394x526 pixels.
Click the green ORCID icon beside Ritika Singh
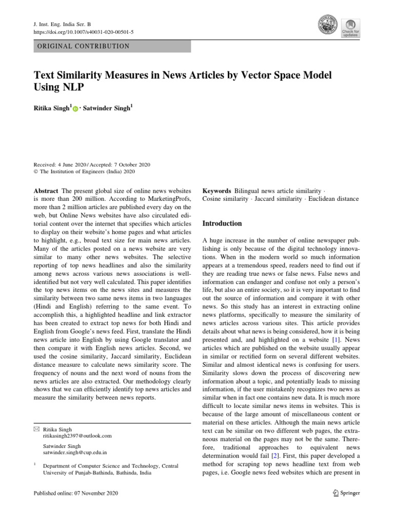tap(75, 109)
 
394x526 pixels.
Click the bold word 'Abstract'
tap(46, 190)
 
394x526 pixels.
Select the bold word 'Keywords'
tap(217, 190)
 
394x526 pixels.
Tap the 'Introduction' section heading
tap(222, 223)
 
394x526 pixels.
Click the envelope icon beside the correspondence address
tap(36, 428)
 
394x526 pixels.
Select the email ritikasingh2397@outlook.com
tap(77, 435)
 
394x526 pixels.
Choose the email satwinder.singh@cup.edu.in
tap(75, 453)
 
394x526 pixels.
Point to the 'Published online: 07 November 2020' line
tap(75, 493)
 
